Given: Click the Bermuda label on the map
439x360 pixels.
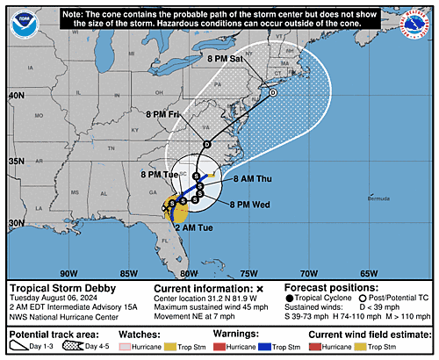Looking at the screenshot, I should tap(379, 198).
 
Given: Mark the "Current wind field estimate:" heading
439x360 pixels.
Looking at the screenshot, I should tap(366, 335).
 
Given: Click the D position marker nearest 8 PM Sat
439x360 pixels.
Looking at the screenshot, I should tap(273, 93).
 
